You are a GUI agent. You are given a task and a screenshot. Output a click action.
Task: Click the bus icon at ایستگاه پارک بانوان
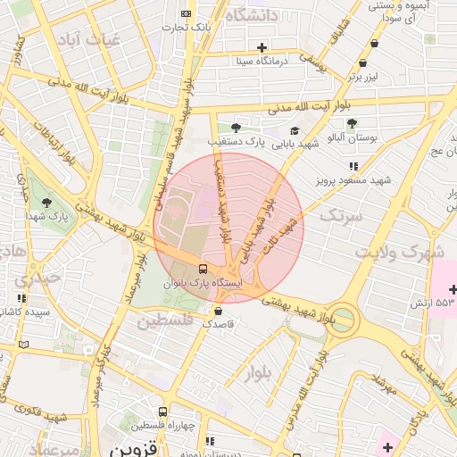pyautogui.click(x=204, y=268)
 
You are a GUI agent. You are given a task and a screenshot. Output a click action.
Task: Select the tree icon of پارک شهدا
pyautogui.click(x=46, y=202)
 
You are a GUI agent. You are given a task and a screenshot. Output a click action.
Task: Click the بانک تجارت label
pyautogui.click(x=193, y=27)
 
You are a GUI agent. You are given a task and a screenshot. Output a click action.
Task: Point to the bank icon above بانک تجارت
pyautogui.click(x=186, y=13)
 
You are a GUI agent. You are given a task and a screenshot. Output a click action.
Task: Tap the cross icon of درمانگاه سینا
pyautogui.click(x=262, y=47)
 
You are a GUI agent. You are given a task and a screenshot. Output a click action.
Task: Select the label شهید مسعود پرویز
pyautogui.click(x=353, y=180)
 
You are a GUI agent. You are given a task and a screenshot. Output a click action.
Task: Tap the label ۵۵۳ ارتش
pyautogui.click(x=422, y=303)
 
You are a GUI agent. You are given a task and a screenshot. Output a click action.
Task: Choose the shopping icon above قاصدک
pyautogui.click(x=219, y=311)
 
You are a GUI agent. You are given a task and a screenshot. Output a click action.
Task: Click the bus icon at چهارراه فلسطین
pyautogui.click(x=162, y=411)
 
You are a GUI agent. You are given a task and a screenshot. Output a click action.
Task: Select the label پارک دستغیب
pyautogui.click(x=237, y=141)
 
